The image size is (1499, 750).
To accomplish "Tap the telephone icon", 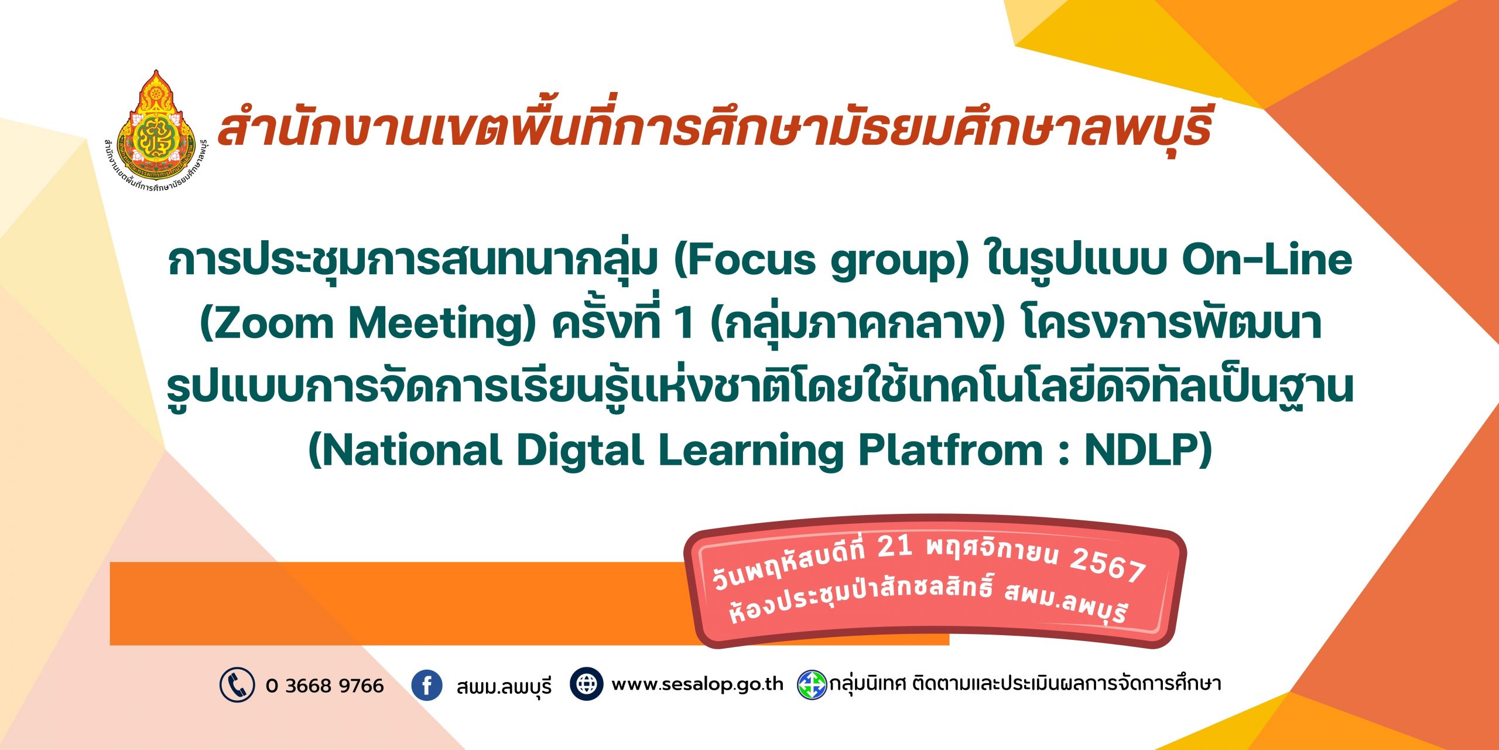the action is tap(237, 684).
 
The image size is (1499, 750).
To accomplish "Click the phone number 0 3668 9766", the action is tap(324, 686).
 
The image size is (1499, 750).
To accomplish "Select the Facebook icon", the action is tap(427, 685).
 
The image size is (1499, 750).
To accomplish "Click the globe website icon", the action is tap(587, 684).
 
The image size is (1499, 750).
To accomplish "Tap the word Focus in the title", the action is tap(744, 260).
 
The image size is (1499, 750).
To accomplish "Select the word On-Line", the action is tap(1267, 259).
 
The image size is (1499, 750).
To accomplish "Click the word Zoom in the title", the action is tap(266, 323).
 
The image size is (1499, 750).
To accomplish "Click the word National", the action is tap(405, 451).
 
